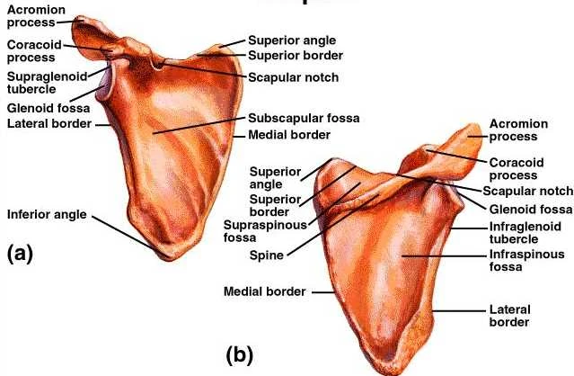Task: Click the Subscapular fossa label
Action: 294,118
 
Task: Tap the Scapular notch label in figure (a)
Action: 294,77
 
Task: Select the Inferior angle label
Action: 46,215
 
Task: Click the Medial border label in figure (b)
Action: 263,291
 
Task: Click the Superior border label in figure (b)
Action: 274,204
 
